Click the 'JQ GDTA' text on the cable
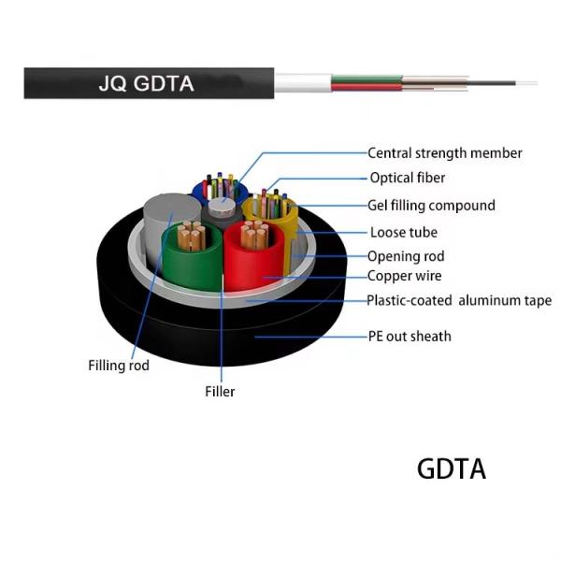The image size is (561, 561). [x=146, y=84]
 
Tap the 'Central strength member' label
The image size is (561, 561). [x=445, y=153]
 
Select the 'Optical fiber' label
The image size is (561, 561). [x=408, y=178]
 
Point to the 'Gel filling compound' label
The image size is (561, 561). [x=431, y=206]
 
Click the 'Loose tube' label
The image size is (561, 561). [x=404, y=233]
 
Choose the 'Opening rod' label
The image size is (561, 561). [x=406, y=256]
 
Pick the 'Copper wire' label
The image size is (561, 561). [x=404, y=276]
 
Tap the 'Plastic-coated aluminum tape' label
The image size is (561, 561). [x=459, y=300]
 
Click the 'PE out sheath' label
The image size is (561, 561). [x=410, y=337]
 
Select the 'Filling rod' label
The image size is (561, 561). [x=119, y=366]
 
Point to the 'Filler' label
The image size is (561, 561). [x=220, y=392]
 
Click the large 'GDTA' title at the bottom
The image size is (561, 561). [x=452, y=468]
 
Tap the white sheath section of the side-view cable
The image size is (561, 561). [x=303, y=83]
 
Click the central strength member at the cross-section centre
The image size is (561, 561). [x=222, y=207]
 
